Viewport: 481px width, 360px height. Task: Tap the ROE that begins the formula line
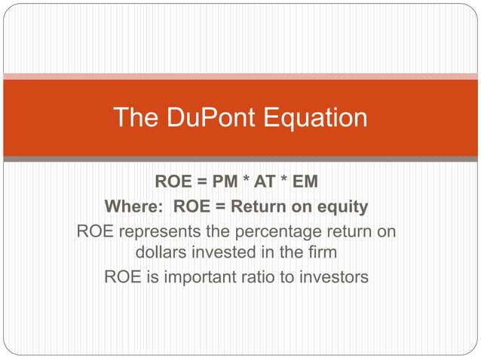coord(173,182)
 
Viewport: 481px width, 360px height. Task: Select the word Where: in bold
coord(135,206)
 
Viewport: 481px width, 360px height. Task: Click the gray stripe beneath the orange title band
coord(240,159)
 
